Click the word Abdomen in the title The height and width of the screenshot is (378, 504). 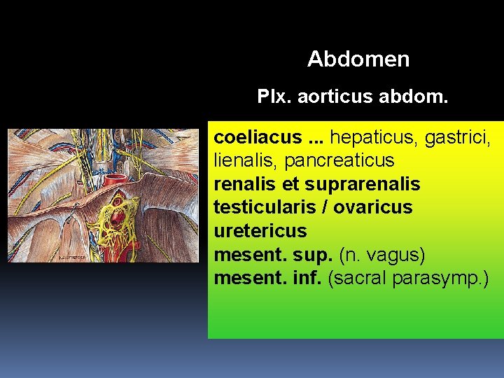[358, 59]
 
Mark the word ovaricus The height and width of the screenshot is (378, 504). [373, 207]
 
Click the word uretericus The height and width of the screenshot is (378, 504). [260, 230]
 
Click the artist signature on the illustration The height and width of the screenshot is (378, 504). [72, 258]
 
